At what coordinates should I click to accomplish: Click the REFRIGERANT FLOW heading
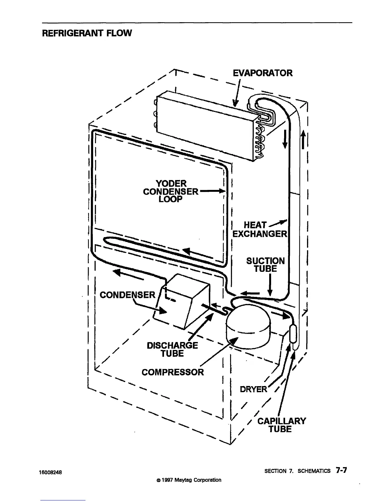click(x=87, y=33)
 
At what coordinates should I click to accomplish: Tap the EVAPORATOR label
click(x=263, y=73)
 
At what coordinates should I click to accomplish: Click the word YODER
click(x=171, y=184)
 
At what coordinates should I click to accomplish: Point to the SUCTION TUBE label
click(x=265, y=265)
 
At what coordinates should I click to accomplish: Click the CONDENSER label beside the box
click(x=127, y=295)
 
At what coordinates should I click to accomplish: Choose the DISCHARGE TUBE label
click(x=172, y=349)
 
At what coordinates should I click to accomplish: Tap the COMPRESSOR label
click(x=173, y=372)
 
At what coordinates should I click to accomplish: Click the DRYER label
click(x=253, y=389)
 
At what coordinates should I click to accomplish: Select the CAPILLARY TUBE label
click(x=281, y=425)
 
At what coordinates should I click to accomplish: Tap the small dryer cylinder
click(x=293, y=333)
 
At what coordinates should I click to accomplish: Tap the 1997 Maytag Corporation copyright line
click(x=187, y=480)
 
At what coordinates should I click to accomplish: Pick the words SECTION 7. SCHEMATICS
click(x=297, y=471)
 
